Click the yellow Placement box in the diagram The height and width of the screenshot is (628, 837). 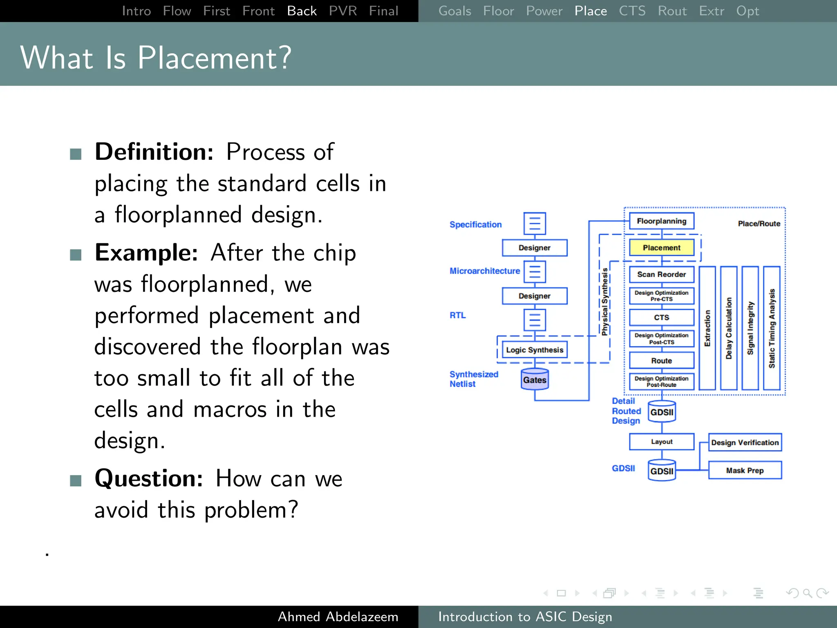[x=661, y=247]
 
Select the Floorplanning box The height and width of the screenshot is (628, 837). [x=661, y=221]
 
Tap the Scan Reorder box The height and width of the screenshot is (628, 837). [x=661, y=274]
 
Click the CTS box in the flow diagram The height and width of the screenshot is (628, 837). [x=661, y=317]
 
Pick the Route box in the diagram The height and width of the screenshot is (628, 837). [x=661, y=361]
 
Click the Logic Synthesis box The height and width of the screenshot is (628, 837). [x=535, y=350]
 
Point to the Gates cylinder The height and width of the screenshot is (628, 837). [x=535, y=379]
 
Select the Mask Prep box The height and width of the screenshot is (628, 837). [x=745, y=470]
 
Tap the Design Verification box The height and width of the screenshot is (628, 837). [x=745, y=442]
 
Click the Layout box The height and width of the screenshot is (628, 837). [x=661, y=442]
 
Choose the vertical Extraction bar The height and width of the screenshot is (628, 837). [x=707, y=328]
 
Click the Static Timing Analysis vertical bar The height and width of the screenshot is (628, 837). [x=772, y=328]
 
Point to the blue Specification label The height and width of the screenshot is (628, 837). [x=475, y=224]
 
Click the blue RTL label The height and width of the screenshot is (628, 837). [x=458, y=315]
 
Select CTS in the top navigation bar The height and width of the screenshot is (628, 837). [x=632, y=11]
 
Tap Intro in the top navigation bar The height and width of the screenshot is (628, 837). [x=137, y=11]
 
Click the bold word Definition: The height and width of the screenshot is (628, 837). [x=154, y=152]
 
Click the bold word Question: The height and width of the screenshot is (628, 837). [x=149, y=478]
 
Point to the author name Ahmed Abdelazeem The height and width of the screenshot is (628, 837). [x=338, y=617]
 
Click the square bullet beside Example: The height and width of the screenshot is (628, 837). [x=76, y=255]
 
